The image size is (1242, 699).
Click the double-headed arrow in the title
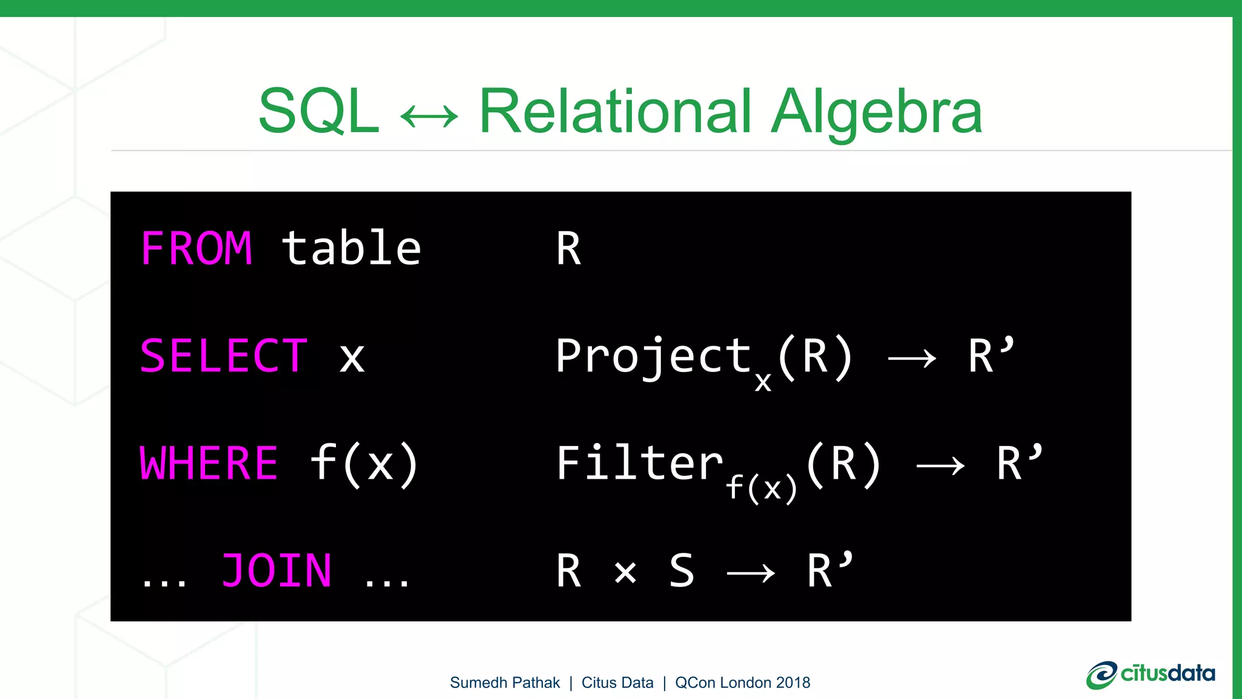point(429,116)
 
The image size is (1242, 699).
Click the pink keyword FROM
point(196,248)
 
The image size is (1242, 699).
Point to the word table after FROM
point(351,248)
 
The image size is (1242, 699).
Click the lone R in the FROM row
point(568,249)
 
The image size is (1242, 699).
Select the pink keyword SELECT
point(224,356)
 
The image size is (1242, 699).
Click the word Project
point(654,357)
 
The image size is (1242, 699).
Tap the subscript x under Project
point(763,381)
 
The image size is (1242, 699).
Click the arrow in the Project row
point(911,359)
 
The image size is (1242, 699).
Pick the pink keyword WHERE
point(209,464)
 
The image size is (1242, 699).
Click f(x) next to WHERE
point(364,464)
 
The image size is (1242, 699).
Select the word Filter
point(639,464)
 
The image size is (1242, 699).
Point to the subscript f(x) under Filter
point(761,488)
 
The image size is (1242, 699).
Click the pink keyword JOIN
point(277,571)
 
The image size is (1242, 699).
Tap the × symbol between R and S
point(625,572)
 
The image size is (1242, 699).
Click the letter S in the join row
point(681,571)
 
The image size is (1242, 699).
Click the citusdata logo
point(1150,675)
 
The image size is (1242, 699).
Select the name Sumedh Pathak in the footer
point(505,683)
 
